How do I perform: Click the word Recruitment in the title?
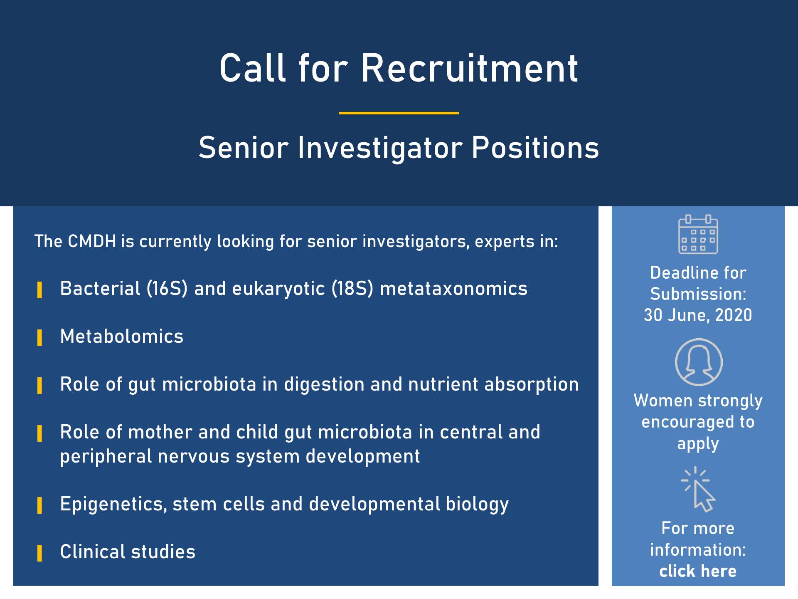(470, 68)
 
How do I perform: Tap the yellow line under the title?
(399, 113)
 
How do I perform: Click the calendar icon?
(698, 234)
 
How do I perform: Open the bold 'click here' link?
(698, 571)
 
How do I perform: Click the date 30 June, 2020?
(698, 315)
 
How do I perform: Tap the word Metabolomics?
(122, 337)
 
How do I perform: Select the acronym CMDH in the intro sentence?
(92, 241)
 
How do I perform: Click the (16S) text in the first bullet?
(167, 289)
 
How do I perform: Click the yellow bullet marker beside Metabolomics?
(40, 338)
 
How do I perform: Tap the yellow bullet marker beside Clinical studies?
(40, 553)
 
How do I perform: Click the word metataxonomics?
(454, 289)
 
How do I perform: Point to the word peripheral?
(106, 457)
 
